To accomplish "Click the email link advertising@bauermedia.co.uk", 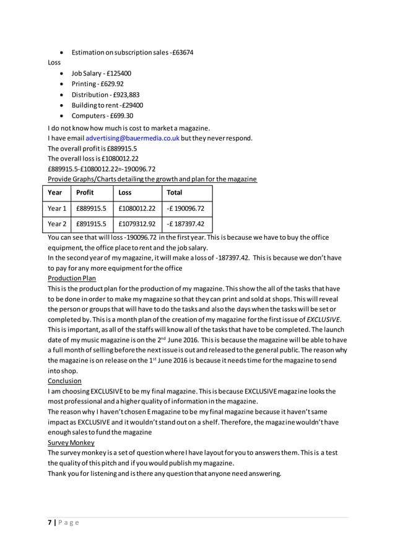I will [x=132, y=138].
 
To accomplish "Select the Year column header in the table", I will [x=54, y=193].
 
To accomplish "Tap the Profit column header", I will [x=85, y=193].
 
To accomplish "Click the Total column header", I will [x=175, y=193].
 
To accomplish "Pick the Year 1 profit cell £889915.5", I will [x=91, y=208].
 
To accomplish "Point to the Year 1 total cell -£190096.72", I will [x=185, y=208].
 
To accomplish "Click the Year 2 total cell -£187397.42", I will [x=185, y=224].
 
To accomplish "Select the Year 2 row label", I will [x=57, y=224].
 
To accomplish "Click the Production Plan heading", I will [x=72, y=279].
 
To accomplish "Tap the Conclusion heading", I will [x=64, y=381].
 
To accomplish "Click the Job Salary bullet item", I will [x=101, y=73].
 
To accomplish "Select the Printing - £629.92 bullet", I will [x=97, y=84].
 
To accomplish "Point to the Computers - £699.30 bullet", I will [x=102, y=116].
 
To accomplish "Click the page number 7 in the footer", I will [x=50, y=522].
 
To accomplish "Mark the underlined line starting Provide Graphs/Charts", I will [x=152, y=179].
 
